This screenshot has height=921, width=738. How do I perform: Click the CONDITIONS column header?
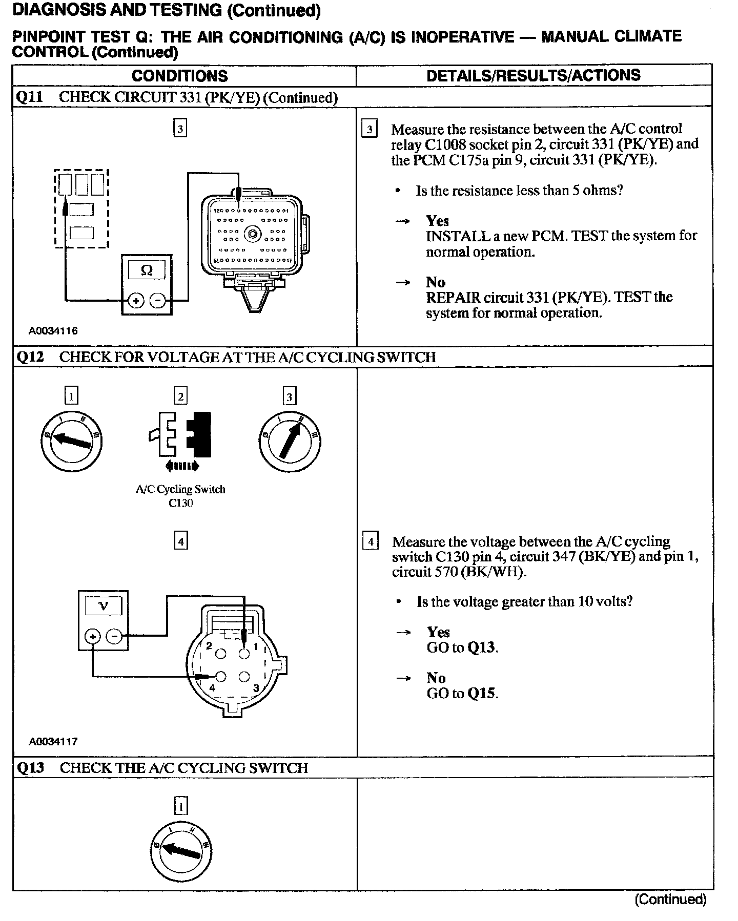coord(179,76)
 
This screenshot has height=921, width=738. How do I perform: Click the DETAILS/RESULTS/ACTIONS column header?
coord(534,75)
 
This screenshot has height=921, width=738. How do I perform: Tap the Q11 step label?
coord(30,97)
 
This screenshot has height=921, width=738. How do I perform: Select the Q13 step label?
coord(30,767)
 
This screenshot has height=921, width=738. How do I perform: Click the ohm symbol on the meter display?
coord(146,270)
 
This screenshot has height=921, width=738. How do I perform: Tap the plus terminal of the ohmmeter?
coord(136,300)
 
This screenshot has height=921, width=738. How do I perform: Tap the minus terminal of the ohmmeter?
coord(158,300)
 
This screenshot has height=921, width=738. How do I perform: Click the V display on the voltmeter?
coord(103,606)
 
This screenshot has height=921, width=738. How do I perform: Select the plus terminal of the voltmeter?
coord(93,637)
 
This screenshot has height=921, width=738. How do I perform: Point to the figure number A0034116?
coord(53,331)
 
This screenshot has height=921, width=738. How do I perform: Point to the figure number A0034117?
coord(53,741)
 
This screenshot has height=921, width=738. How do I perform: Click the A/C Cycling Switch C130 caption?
coord(180,496)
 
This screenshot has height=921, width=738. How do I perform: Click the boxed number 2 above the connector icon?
coord(180,396)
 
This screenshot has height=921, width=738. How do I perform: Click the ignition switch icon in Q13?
coord(181,851)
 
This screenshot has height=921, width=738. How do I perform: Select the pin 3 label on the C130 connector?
coord(256,688)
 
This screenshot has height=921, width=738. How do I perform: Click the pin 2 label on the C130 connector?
coord(209,646)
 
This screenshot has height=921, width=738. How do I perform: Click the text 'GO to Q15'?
coord(462,694)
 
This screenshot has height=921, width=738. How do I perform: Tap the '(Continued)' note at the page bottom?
coord(670,899)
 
